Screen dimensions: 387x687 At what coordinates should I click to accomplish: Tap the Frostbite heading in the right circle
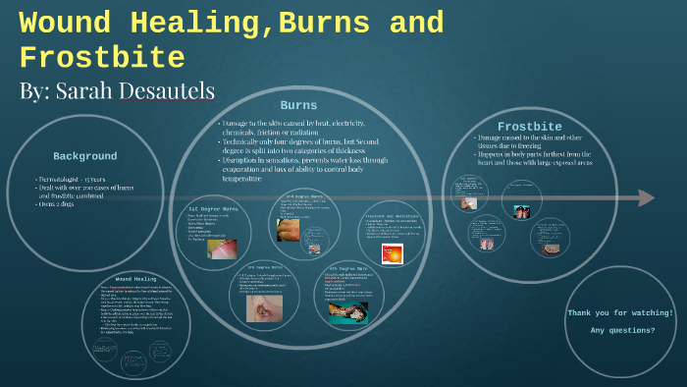point(529,127)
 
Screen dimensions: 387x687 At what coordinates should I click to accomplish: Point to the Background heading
point(84,156)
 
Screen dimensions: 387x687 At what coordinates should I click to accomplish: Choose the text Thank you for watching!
point(620,312)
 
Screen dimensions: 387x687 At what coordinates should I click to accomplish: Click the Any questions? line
point(622,330)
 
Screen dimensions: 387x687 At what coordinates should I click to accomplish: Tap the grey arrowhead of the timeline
point(646,197)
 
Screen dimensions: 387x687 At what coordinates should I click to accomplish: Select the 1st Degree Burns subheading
point(214,209)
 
